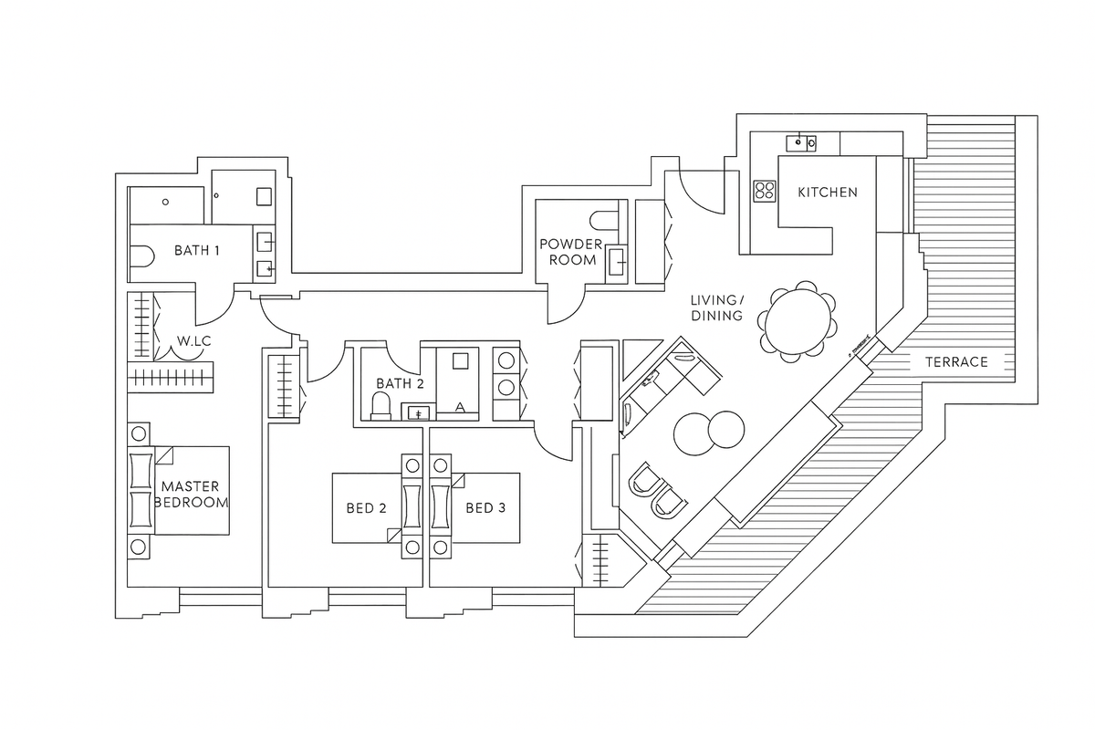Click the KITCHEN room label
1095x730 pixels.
tap(828, 192)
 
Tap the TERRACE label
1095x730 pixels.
tap(956, 361)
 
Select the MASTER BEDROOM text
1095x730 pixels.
tap(191, 495)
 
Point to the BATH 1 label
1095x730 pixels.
tap(197, 250)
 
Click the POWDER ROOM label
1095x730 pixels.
tap(570, 252)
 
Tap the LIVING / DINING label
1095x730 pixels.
tap(717, 308)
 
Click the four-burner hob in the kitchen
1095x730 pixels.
tap(764, 191)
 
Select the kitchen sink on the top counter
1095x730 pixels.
tap(801, 142)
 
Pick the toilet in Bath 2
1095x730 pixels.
tap(381, 405)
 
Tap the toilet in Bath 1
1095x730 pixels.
tap(140, 258)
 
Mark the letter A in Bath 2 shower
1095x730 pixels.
tap(460, 406)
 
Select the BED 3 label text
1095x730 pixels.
tap(485, 508)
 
